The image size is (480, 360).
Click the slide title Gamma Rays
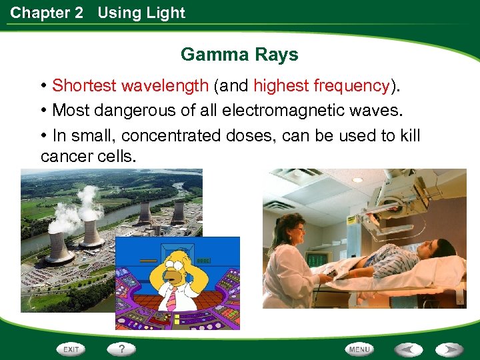click(239, 54)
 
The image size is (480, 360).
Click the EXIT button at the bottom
click(70, 349)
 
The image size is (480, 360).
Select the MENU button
click(359, 349)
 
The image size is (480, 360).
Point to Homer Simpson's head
click(175, 263)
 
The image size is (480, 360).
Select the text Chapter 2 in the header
click(47, 13)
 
